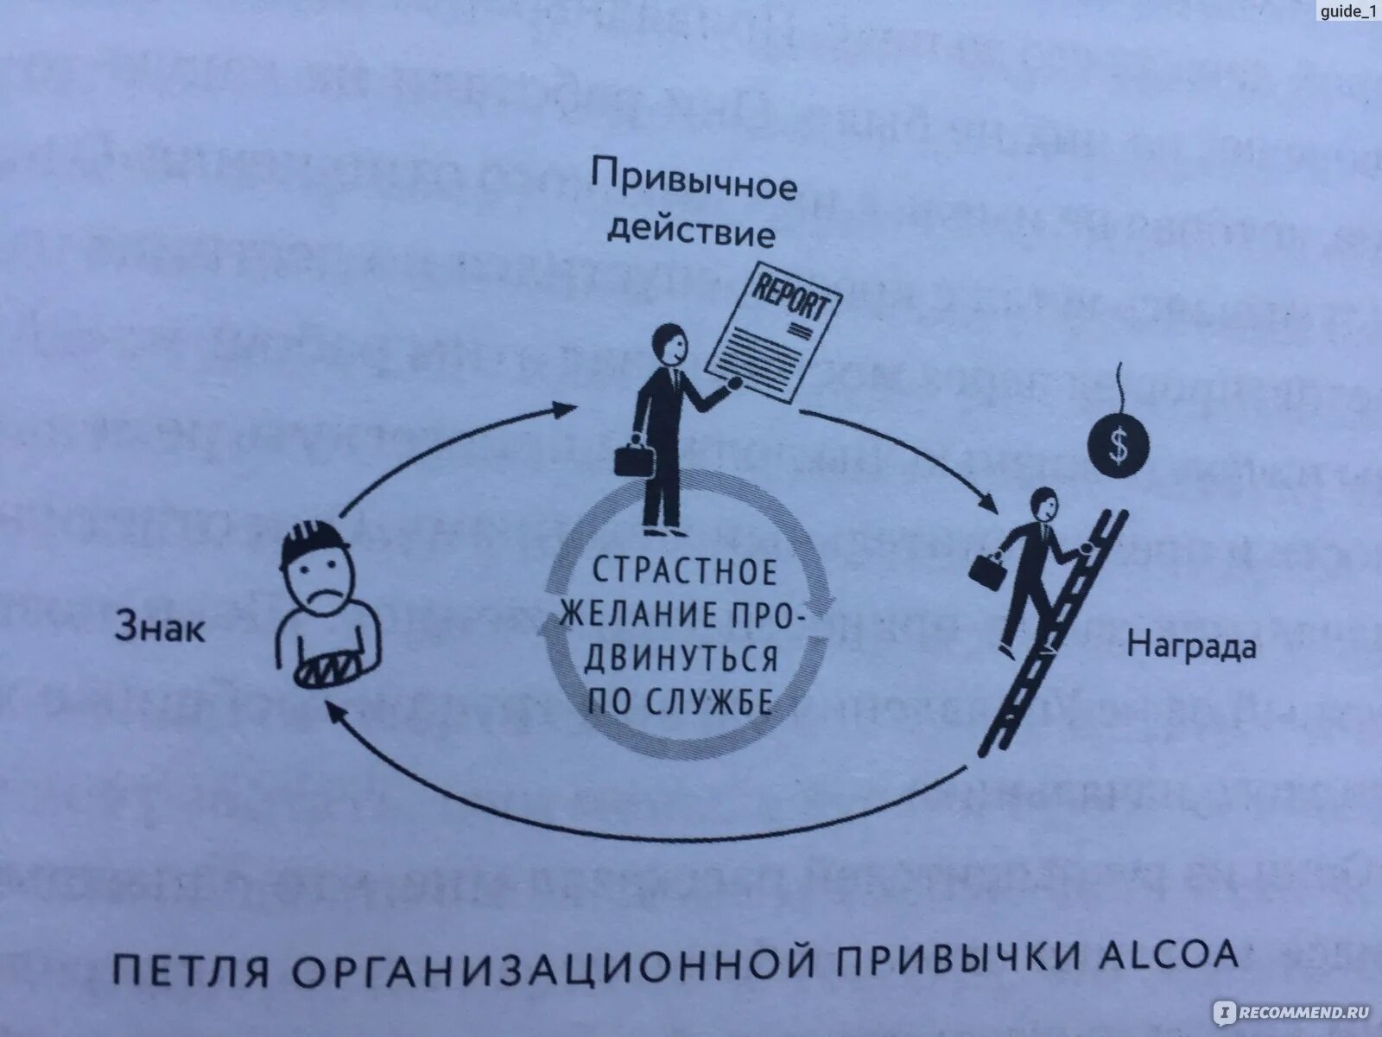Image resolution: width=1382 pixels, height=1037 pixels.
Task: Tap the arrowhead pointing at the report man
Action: [x=563, y=407]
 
